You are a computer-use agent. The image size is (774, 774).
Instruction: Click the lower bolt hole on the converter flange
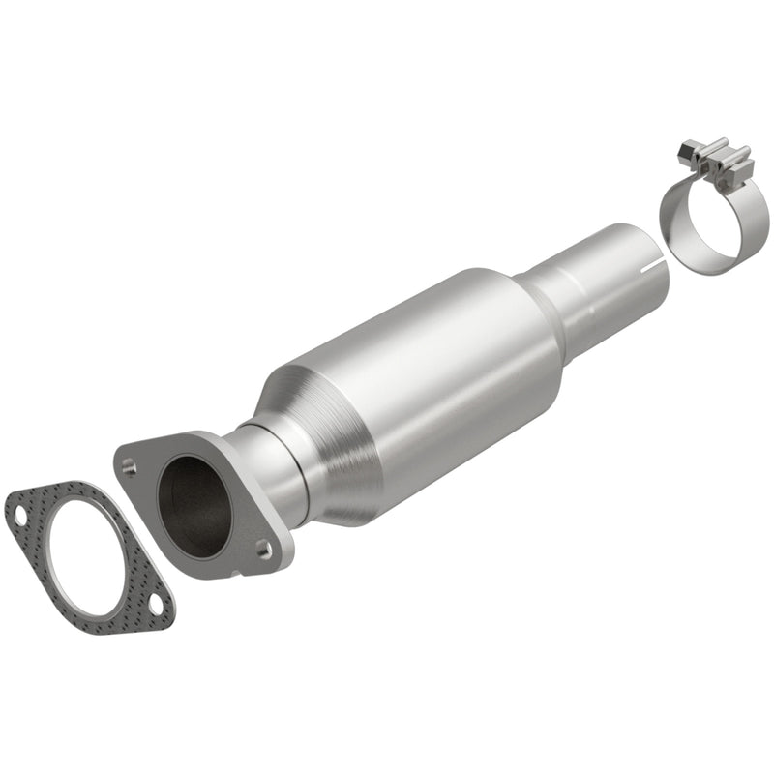point(262,549)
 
